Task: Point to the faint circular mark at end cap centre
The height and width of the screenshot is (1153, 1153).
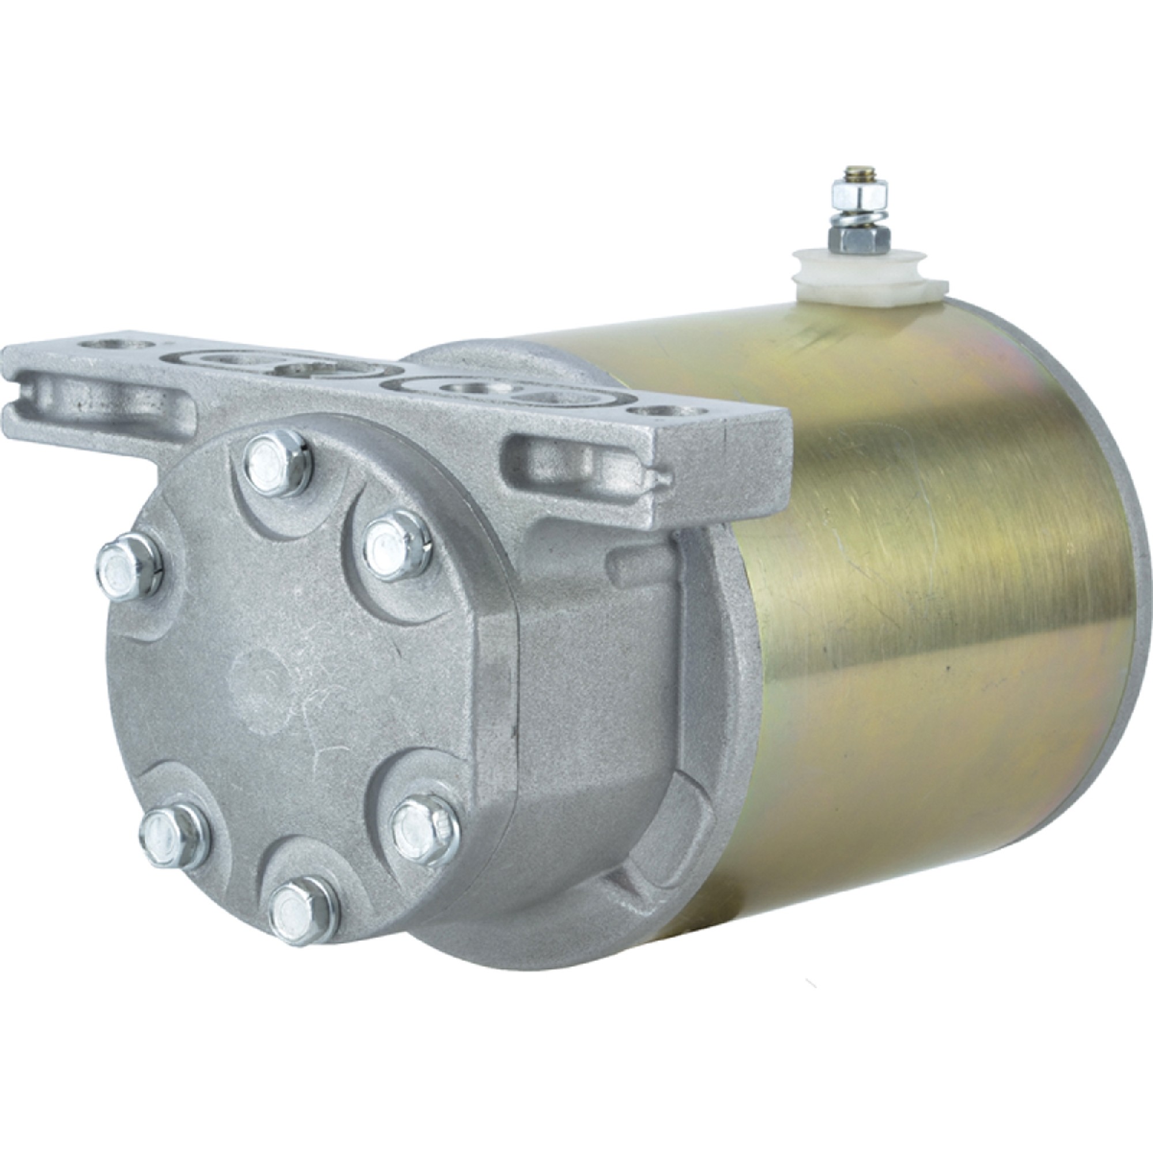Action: click(x=262, y=662)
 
